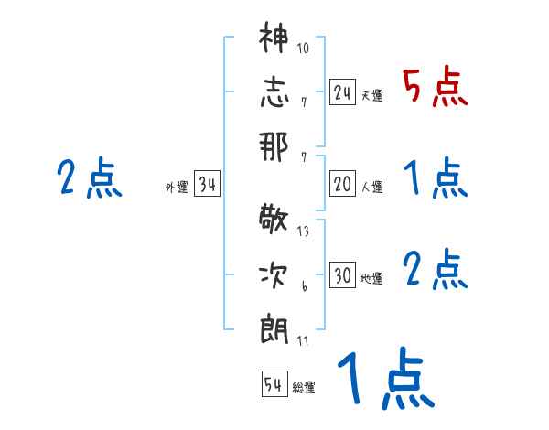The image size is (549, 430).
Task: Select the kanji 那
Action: (274, 145)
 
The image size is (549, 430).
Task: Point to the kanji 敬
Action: (274, 220)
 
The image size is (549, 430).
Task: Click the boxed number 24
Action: (343, 92)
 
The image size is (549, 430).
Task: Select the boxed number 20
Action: (343, 184)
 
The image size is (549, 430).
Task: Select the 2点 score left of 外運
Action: (90, 177)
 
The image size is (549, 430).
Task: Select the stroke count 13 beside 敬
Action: (303, 231)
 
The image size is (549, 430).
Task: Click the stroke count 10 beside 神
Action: (303, 48)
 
